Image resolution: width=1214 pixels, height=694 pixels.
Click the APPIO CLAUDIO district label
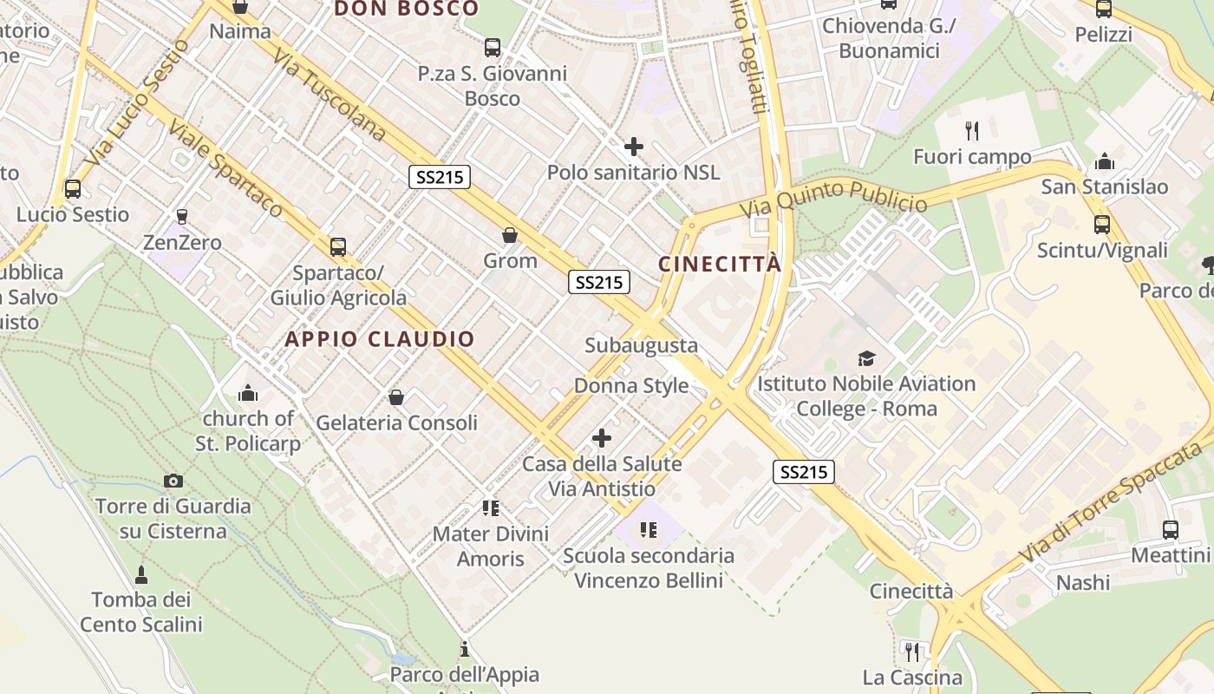(380, 339)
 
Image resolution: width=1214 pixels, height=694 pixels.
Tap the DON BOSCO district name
(406, 9)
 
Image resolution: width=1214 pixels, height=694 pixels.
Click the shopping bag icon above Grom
(510, 235)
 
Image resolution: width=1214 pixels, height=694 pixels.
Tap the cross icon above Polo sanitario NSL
(634, 147)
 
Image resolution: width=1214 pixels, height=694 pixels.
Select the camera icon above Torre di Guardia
(173, 481)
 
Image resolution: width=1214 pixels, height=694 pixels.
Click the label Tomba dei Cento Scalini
(141, 612)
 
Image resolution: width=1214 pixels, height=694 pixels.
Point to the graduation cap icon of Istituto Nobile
(865, 358)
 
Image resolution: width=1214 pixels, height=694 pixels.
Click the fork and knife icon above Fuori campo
(972, 131)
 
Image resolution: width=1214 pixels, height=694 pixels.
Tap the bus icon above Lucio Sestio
(73, 189)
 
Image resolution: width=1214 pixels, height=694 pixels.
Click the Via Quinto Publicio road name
(833, 201)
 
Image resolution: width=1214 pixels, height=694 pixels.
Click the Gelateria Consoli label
(397, 422)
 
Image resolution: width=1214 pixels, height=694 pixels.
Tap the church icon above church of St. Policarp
(248, 394)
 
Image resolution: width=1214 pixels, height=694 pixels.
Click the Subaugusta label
(641, 345)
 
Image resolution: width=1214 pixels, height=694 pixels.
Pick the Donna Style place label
(631, 386)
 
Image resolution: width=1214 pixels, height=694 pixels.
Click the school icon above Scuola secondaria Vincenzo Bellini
(648, 529)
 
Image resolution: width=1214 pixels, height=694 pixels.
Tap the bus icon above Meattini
(1170, 529)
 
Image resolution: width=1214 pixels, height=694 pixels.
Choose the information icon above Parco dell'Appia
(465, 649)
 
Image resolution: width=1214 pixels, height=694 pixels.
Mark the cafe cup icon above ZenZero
(182, 216)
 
